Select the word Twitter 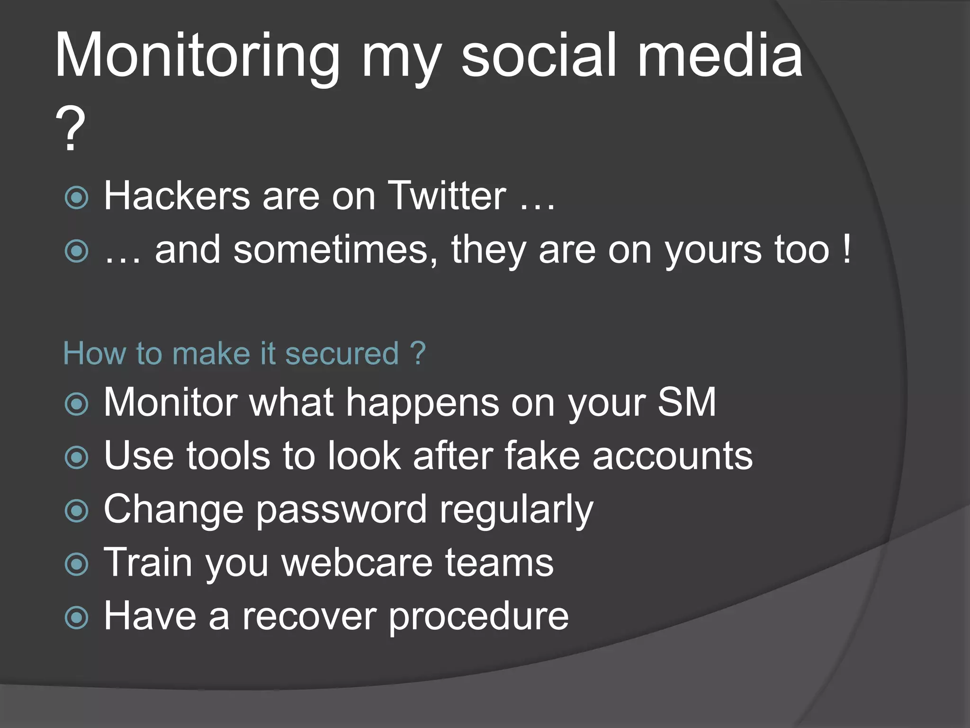[447, 196]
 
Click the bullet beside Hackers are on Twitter [77, 198]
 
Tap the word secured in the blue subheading [342, 354]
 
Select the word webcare [358, 563]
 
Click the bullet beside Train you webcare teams [77, 564]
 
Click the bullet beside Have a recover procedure [77, 618]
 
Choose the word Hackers [177, 196]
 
